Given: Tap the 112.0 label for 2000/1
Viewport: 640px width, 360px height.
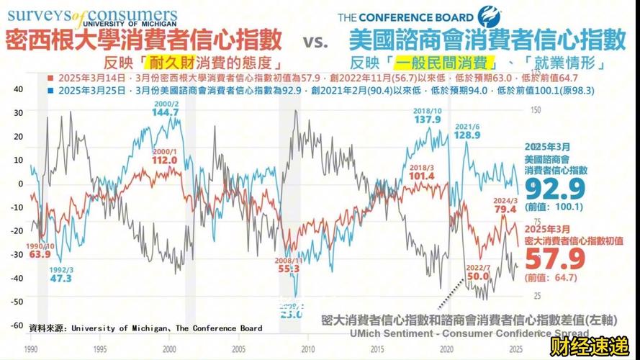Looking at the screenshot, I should pyautogui.click(x=164, y=160).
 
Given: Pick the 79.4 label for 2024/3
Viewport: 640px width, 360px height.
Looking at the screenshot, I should pyautogui.click(x=505, y=210).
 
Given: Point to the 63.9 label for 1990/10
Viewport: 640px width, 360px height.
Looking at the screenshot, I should pyautogui.click(x=40, y=254).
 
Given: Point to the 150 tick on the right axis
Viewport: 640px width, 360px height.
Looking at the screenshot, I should pyautogui.click(x=533, y=110).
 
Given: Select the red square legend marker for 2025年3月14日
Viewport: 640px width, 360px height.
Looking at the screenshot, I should pyautogui.click(x=48, y=78).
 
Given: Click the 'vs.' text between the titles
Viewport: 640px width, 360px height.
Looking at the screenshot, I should pyautogui.click(x=315, y=40).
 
